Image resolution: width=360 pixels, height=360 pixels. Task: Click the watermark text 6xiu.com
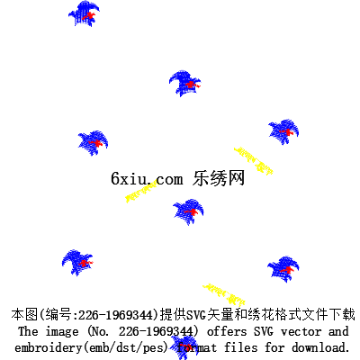tap(147, 179)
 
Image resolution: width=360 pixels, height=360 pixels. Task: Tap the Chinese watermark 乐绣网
tap(219, 178)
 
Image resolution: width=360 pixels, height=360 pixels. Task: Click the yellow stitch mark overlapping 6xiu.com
tap(141, 191)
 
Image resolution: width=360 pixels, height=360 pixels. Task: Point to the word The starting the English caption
tap(28, 331)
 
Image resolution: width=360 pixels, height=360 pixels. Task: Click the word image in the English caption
tap(62, 332)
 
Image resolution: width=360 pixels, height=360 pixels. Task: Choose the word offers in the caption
tap(227, 331)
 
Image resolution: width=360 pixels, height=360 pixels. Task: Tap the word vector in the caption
tap(301, 332)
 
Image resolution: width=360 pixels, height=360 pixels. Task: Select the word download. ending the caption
tap(320, 347)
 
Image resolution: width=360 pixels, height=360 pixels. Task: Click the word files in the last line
tap(241, 347)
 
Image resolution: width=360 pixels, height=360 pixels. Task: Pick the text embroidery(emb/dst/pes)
tap(91, 348)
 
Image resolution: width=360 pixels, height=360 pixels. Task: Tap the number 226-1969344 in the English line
tap(156, 331)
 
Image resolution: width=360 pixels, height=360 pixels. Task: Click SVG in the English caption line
tap(264, 331)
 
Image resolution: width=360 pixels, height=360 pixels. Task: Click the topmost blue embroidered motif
tap(84, 13)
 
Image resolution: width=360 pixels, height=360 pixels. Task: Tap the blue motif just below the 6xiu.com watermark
tap(188, 211)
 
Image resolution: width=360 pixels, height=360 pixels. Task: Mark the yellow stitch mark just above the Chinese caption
tap(224, 294)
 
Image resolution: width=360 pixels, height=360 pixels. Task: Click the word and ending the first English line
tap(338, 331)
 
